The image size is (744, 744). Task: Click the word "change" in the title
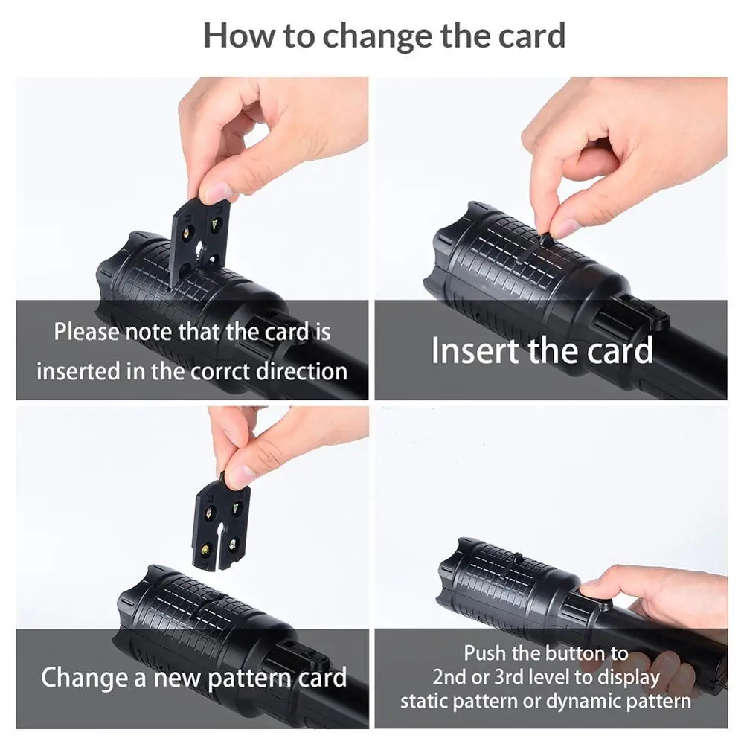[x=377, y=36]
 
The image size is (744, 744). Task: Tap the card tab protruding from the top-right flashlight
[x=545, y=240]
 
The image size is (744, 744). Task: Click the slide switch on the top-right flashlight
[x=645, y=313]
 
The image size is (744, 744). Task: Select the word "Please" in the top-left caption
[x=86, y=332]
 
